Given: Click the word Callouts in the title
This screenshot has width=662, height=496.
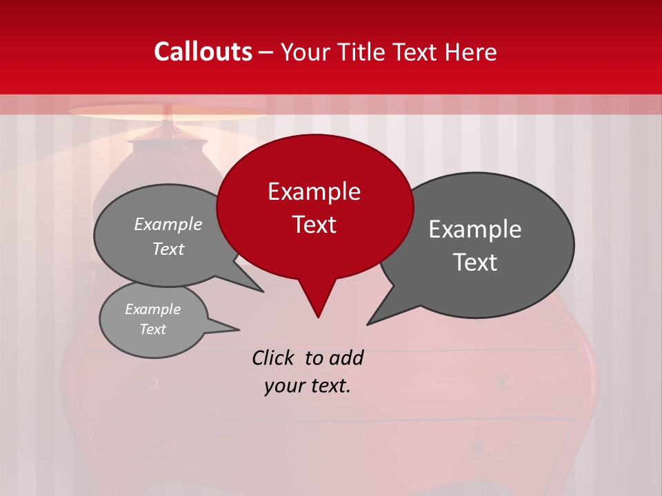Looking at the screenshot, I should [x=203, y=52].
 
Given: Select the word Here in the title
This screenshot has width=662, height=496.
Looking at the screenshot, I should [x=470, y=52].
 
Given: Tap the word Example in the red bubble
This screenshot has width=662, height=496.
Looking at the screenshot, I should [x=314, y=192].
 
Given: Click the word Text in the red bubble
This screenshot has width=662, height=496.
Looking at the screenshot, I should [x=314, y=225].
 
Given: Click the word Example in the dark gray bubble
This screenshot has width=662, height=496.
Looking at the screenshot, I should [x=475, y=229].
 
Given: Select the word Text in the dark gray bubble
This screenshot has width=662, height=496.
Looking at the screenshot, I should [x=476, y=262].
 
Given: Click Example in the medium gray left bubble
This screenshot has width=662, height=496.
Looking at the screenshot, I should [x=168, y=225].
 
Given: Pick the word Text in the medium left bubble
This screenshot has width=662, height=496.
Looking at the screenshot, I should [x=168, y=249].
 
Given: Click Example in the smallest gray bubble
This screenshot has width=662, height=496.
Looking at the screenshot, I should [x=152, y=309].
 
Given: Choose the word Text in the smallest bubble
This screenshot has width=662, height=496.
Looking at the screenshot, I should [x=152, y=329].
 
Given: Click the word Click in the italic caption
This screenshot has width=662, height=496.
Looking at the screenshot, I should [x=274, y=358].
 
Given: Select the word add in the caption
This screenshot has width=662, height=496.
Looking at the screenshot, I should [x=346, y=358].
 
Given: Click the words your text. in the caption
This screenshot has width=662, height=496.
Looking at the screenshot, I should [x=308, y=386].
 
